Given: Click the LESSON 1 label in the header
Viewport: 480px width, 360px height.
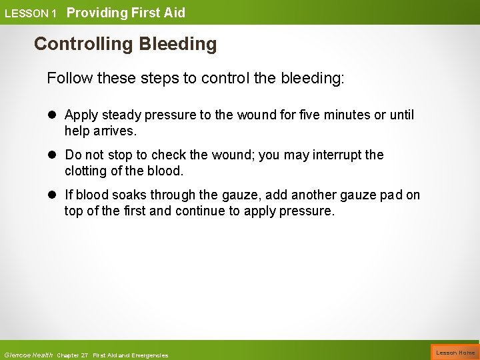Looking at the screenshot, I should click(x=31, y=13).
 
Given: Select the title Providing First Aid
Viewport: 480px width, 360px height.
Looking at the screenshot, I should click(x=126, y=13).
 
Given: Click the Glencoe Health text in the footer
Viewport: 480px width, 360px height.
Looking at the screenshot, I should click(x=28, y=355).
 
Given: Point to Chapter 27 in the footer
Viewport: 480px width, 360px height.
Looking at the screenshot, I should click(x=73, y=355).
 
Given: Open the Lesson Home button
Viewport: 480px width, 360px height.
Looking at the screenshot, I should click(x=455, y=353).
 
